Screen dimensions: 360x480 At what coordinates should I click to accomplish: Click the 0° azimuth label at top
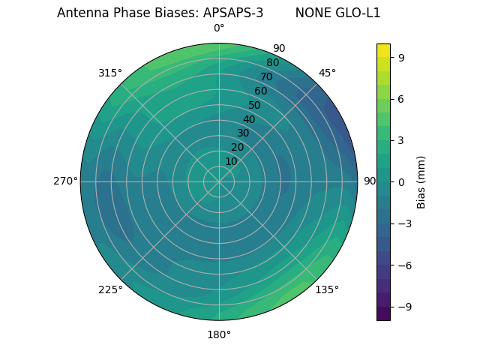click(219, 28)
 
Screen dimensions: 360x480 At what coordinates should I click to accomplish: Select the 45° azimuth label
click(327, 73)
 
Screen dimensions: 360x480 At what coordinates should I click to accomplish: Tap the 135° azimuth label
click(327, 289)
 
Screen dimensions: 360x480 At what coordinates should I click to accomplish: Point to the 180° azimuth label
click(219, 334)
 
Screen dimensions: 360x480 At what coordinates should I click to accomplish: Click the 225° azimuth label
click(110, 289)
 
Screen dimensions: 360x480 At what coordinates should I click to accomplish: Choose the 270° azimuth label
click(65, 181)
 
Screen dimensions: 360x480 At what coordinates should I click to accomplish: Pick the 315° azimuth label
click(110, 73)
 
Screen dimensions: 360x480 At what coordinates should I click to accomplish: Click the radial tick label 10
click(231, 161)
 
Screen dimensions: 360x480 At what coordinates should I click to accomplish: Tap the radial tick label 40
click(249, 119)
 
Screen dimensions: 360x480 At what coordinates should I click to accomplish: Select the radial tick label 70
click(266, 76)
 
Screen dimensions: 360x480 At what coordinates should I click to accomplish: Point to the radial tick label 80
click(272, 62)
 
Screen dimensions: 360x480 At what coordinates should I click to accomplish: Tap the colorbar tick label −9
click(403, 307)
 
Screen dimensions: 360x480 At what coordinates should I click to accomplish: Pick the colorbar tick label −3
click(403, 223)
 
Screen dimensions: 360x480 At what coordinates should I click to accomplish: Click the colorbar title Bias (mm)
click(421, 181)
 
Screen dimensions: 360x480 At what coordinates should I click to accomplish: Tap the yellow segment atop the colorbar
click(383, 50)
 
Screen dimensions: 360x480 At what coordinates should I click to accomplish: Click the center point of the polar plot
click(219, 181)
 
